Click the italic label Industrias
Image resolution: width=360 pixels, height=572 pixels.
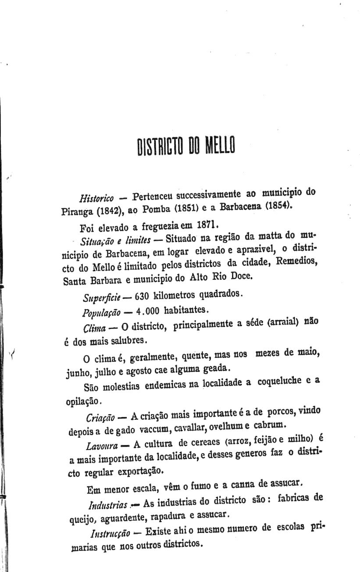[x=108, y=504]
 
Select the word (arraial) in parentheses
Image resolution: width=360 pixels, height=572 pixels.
[x=285, y=322]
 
